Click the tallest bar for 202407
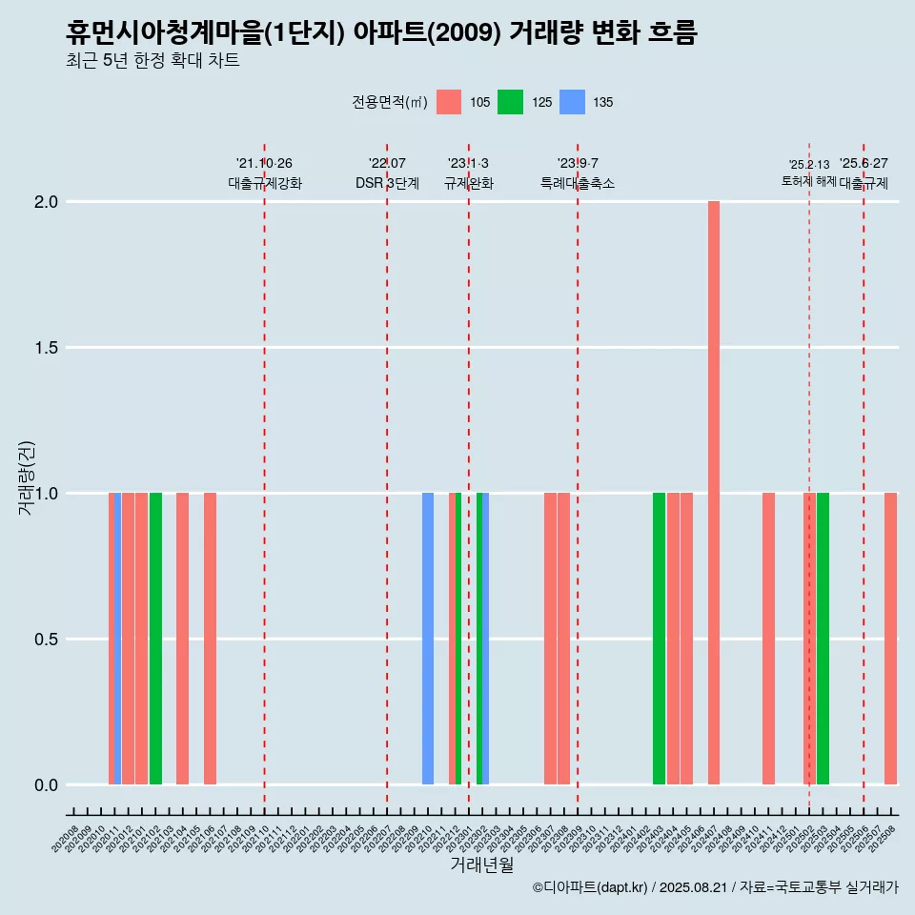714,493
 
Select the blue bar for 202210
428,639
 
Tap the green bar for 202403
659,639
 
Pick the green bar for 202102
155,639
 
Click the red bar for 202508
890,639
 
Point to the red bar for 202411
768,639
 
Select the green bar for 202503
823,639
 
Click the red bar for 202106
210,639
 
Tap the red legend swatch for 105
449,102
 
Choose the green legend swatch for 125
511,102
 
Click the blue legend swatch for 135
572,102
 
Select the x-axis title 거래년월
482,864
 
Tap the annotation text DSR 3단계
387,183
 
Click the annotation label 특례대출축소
578,183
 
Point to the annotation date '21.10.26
264,163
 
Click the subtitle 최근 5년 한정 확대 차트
152,61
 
